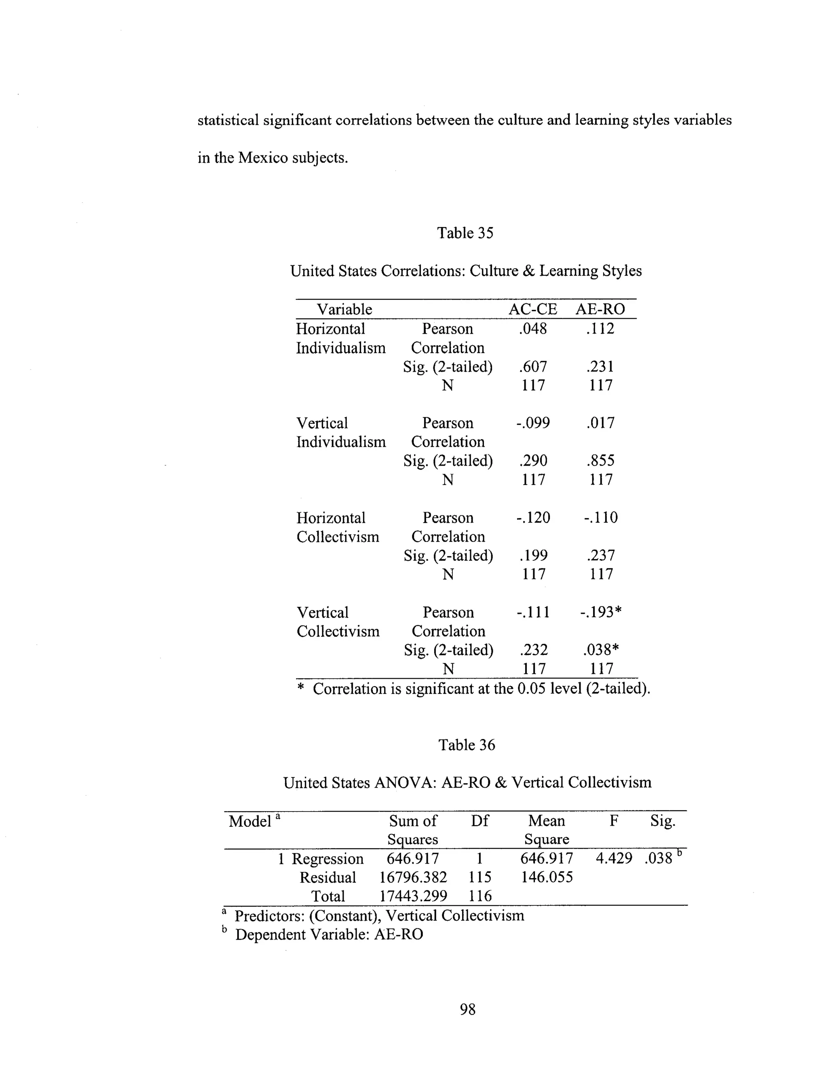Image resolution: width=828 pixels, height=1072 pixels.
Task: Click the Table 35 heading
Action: (x=465, y=233)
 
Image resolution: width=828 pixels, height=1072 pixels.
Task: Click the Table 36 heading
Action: (x=467, y=745)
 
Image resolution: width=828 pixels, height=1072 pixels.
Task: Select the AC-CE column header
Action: (x=533, y=309)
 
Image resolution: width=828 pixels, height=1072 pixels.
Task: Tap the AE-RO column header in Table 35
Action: (x=600, y=309)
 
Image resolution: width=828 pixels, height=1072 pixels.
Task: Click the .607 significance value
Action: (x=533, y=367)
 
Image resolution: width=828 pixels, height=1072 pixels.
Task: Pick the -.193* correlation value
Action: (x=601, y=612)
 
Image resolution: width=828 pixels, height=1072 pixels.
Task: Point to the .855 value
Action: (x=600, y=460)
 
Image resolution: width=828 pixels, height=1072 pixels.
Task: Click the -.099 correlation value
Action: (x=533, y=423)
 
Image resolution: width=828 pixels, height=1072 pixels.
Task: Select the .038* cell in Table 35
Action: (x=601, y=650)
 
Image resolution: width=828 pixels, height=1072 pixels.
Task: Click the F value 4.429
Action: (x=614, y=858)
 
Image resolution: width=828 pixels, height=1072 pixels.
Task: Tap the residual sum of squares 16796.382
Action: (x=413, y=877)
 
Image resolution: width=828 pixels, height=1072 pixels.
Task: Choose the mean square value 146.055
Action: (x=547, y=877)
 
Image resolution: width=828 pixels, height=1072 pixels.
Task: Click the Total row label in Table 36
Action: (x=328, y=896)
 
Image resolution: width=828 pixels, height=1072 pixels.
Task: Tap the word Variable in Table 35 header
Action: (x=344, y=309)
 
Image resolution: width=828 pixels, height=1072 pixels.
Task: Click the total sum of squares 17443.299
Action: (x=413, y=896)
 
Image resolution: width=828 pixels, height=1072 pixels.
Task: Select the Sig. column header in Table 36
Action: (x=663, y=821)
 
